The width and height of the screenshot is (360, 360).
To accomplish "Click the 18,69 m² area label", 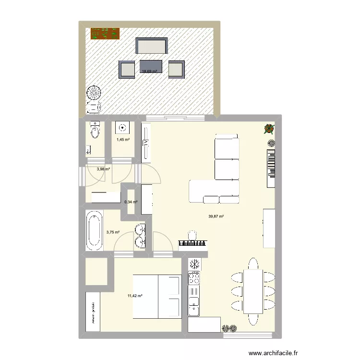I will coord(149,72).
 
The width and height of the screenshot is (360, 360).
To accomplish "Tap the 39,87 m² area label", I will coord(216,216).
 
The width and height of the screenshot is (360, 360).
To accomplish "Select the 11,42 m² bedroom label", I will coord(135,296).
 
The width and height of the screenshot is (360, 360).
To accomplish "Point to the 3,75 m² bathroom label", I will coord(113,232).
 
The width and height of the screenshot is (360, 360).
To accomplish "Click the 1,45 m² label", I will coord(123,140).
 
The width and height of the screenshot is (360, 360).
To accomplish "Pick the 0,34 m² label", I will coord(131,202).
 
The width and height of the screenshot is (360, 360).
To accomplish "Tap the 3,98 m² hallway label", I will coord(103,169).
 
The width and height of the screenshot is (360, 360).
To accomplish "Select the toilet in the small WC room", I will coord(95,130).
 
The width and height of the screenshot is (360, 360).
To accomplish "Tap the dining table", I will coord(253,291).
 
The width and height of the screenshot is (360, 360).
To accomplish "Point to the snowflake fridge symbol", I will coord(195,264).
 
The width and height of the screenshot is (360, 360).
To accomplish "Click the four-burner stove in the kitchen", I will coord(194,278).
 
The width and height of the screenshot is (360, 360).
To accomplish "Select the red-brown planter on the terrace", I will coord(105,34).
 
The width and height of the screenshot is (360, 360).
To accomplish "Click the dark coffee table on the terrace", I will coord(152,67).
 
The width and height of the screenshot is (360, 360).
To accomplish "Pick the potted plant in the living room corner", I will coord(269,129).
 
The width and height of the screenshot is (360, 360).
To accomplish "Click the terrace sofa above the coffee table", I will coord(152,46).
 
